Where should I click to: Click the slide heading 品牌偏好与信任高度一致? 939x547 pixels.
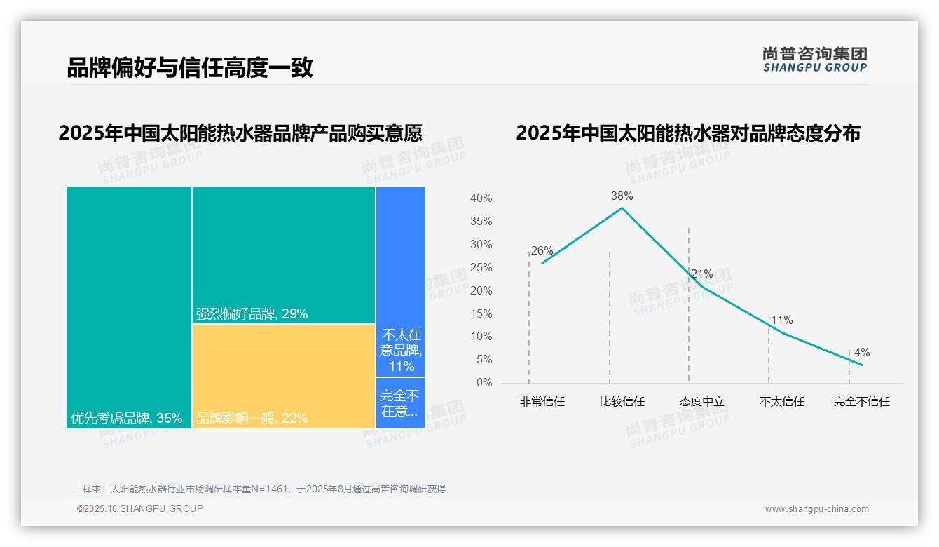tap(189, 68)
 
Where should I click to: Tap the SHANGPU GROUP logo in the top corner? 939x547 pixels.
tap(814, 60)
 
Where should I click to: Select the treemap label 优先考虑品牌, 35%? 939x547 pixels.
tap(126, 419)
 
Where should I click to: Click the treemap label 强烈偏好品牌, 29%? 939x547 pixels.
tap(252, 314)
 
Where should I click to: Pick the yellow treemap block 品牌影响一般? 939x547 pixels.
tap(284, 375)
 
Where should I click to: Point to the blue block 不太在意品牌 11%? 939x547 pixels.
tap(401, 350)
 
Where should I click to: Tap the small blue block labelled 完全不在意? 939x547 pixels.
tap(400, 403)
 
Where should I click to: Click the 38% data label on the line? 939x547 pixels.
tap(622, 196)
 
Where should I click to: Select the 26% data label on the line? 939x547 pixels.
tap(542, 250)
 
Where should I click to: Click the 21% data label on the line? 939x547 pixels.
tap(701, 273)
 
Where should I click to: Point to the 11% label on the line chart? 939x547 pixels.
tap(781, 320)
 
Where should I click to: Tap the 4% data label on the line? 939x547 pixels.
tap(861, 352)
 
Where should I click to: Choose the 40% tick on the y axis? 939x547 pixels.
tap(481, 198)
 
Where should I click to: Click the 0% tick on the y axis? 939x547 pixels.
tap(484, 383)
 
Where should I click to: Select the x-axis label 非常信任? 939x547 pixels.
tap(542, 402)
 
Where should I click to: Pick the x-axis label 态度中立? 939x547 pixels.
tap(701, 402)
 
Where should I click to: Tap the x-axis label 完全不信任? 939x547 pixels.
tap(861, 402)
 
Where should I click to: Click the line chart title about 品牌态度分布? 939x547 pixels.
tap(687, 133)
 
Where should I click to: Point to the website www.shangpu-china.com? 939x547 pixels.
tap(816, 509)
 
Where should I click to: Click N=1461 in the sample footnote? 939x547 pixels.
tap(268, 489)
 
